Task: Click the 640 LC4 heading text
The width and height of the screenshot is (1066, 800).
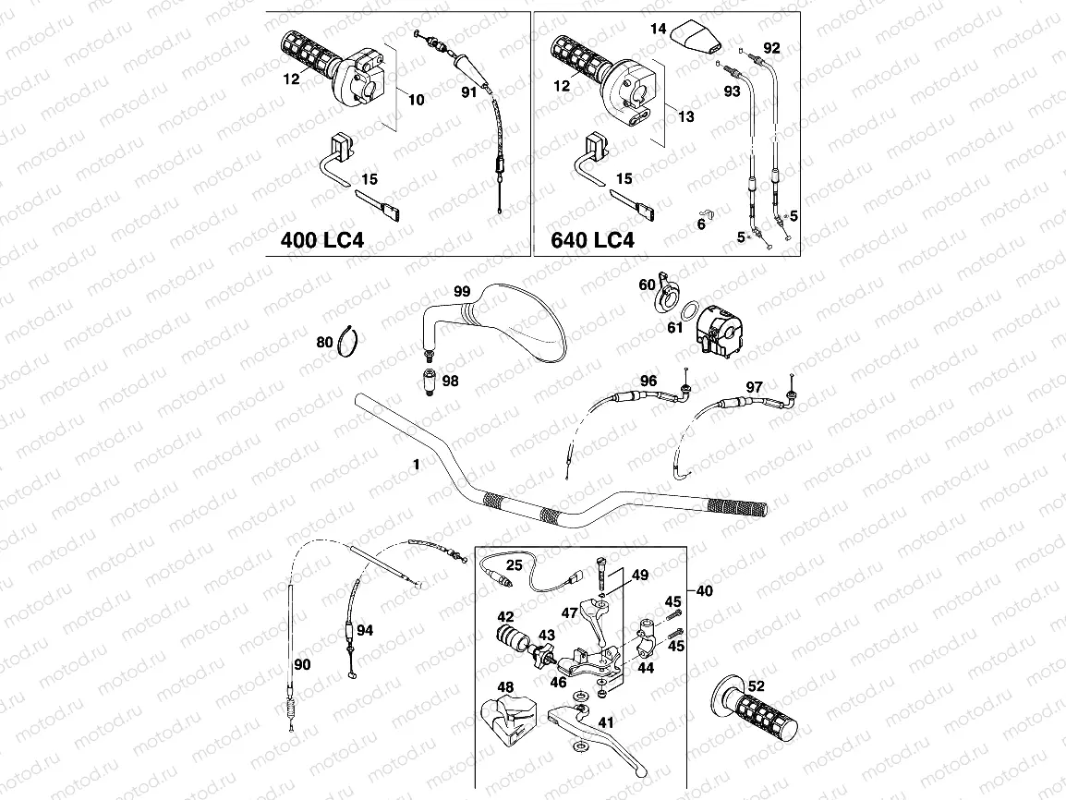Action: point(592,241)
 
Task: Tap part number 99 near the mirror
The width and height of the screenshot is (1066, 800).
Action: point(462,292)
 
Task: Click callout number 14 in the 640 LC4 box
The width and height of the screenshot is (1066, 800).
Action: point(658,30)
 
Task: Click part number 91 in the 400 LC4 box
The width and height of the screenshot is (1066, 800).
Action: point(468,91)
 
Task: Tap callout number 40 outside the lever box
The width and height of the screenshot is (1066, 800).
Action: point(704,591)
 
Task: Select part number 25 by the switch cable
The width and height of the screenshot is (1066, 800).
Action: point(515,564)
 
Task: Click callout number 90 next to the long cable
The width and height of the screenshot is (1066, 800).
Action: point(302,664)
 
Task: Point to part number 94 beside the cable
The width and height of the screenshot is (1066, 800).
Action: point(366,631)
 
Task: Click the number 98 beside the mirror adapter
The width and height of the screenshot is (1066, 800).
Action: point(450,381)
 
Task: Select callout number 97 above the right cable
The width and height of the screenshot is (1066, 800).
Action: point(755,386)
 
